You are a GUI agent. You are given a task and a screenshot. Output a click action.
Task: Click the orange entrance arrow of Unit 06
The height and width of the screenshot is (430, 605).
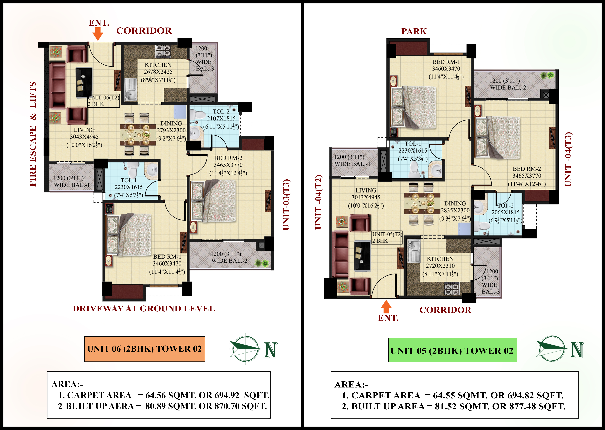pyautogui.click(x=98, y=34)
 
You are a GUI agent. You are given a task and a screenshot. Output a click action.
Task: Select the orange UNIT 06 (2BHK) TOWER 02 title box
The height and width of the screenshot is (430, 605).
pyautogui.click(x=144, y=349)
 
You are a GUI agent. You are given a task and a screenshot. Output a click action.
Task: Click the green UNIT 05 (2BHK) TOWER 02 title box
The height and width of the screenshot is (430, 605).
pyautogui.click(x=452, y=350)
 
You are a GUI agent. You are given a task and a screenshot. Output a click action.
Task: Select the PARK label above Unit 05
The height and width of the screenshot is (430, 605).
pyautogui.click(x=414, y=31)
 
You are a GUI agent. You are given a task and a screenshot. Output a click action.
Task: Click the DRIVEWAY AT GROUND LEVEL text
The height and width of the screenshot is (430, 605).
pyautogui.click(x=144, y=308)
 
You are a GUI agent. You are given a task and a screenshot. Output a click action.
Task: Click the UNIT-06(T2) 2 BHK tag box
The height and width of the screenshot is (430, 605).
pyautogui.click(x=104, y=101)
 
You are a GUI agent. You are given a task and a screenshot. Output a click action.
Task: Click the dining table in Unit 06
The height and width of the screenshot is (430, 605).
pyautogui.click(x=138, y=135)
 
